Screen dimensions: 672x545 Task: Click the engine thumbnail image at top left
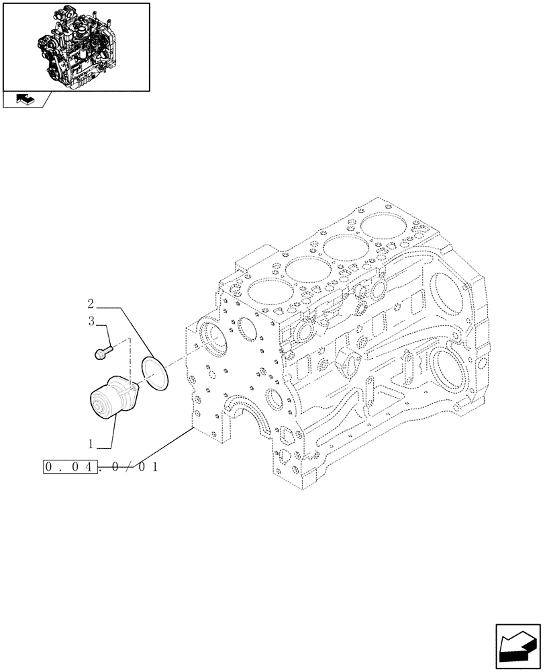[x=76, y=47]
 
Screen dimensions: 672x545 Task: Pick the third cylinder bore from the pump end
[x=344, y=249]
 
